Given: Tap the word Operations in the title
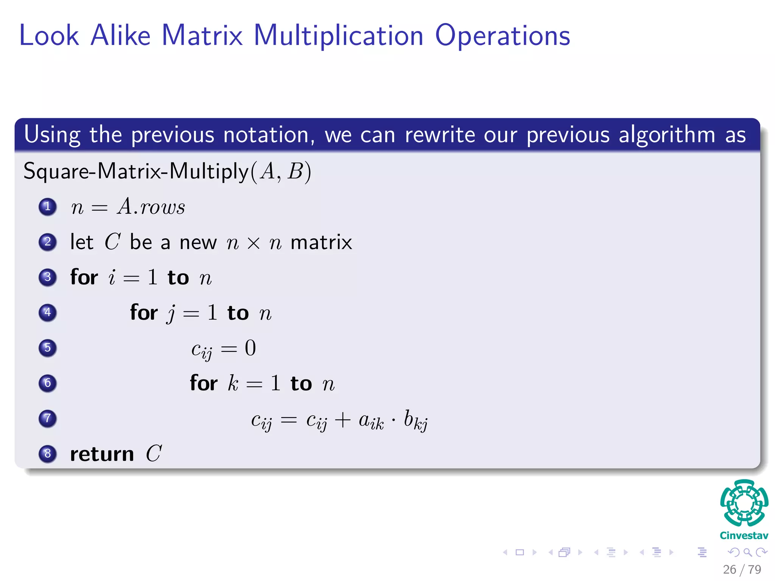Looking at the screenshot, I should click(x=503, y=36).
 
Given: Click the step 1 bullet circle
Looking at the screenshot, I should click(x=48, y=207).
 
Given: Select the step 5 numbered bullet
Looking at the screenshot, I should click(x=48, y=348).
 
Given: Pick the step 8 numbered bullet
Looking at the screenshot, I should click(x=48, y=453).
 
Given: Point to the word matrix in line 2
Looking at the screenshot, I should click(x=321, y=242).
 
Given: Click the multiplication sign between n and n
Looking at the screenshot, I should click(x=253, y=243).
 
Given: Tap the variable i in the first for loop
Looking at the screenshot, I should click(x=112, y=277).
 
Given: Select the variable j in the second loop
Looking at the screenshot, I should click(x=171, y=314).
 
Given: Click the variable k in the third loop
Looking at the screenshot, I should click(x=233, y=383).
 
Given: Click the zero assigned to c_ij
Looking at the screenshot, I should click(x=250, y=348).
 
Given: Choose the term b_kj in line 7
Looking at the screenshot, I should click(x=415, y=420).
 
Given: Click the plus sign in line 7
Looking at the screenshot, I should click(x=342, y=420).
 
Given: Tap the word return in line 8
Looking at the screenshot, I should click(x=102, y=454).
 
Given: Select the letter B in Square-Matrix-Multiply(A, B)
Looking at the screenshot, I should click(x=295, y=171).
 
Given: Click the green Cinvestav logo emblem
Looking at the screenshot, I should click(x=744, y=503).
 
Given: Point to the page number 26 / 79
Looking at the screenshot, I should click(x=742, y=569).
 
